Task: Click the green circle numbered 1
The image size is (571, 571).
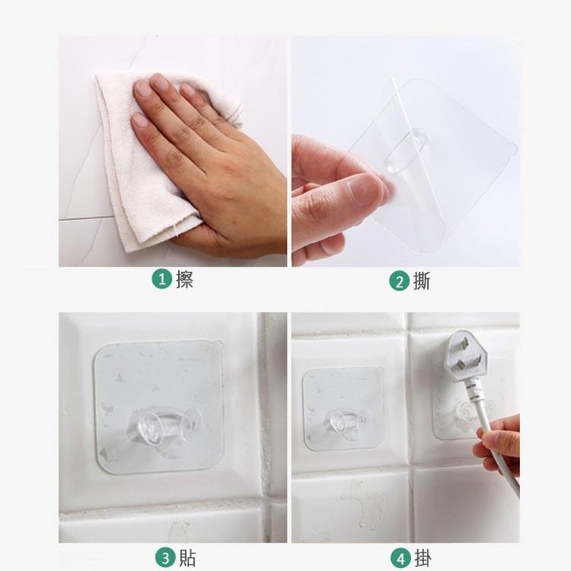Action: click(161, 279)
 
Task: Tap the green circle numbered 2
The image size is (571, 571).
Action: click(399, 282)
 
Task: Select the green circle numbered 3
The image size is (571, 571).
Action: click(165, 558)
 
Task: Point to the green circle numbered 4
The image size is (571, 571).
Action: click(401, 559)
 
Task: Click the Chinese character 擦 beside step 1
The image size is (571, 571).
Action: click(184, 279)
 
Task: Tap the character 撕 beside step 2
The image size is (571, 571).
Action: click(422, 281)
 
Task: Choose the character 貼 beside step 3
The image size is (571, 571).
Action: click(187, 558)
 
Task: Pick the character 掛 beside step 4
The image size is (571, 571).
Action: click(423, 559)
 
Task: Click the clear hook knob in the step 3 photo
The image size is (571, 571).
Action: click(163, 425)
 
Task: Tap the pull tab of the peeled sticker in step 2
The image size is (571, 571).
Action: click(512, 148)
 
